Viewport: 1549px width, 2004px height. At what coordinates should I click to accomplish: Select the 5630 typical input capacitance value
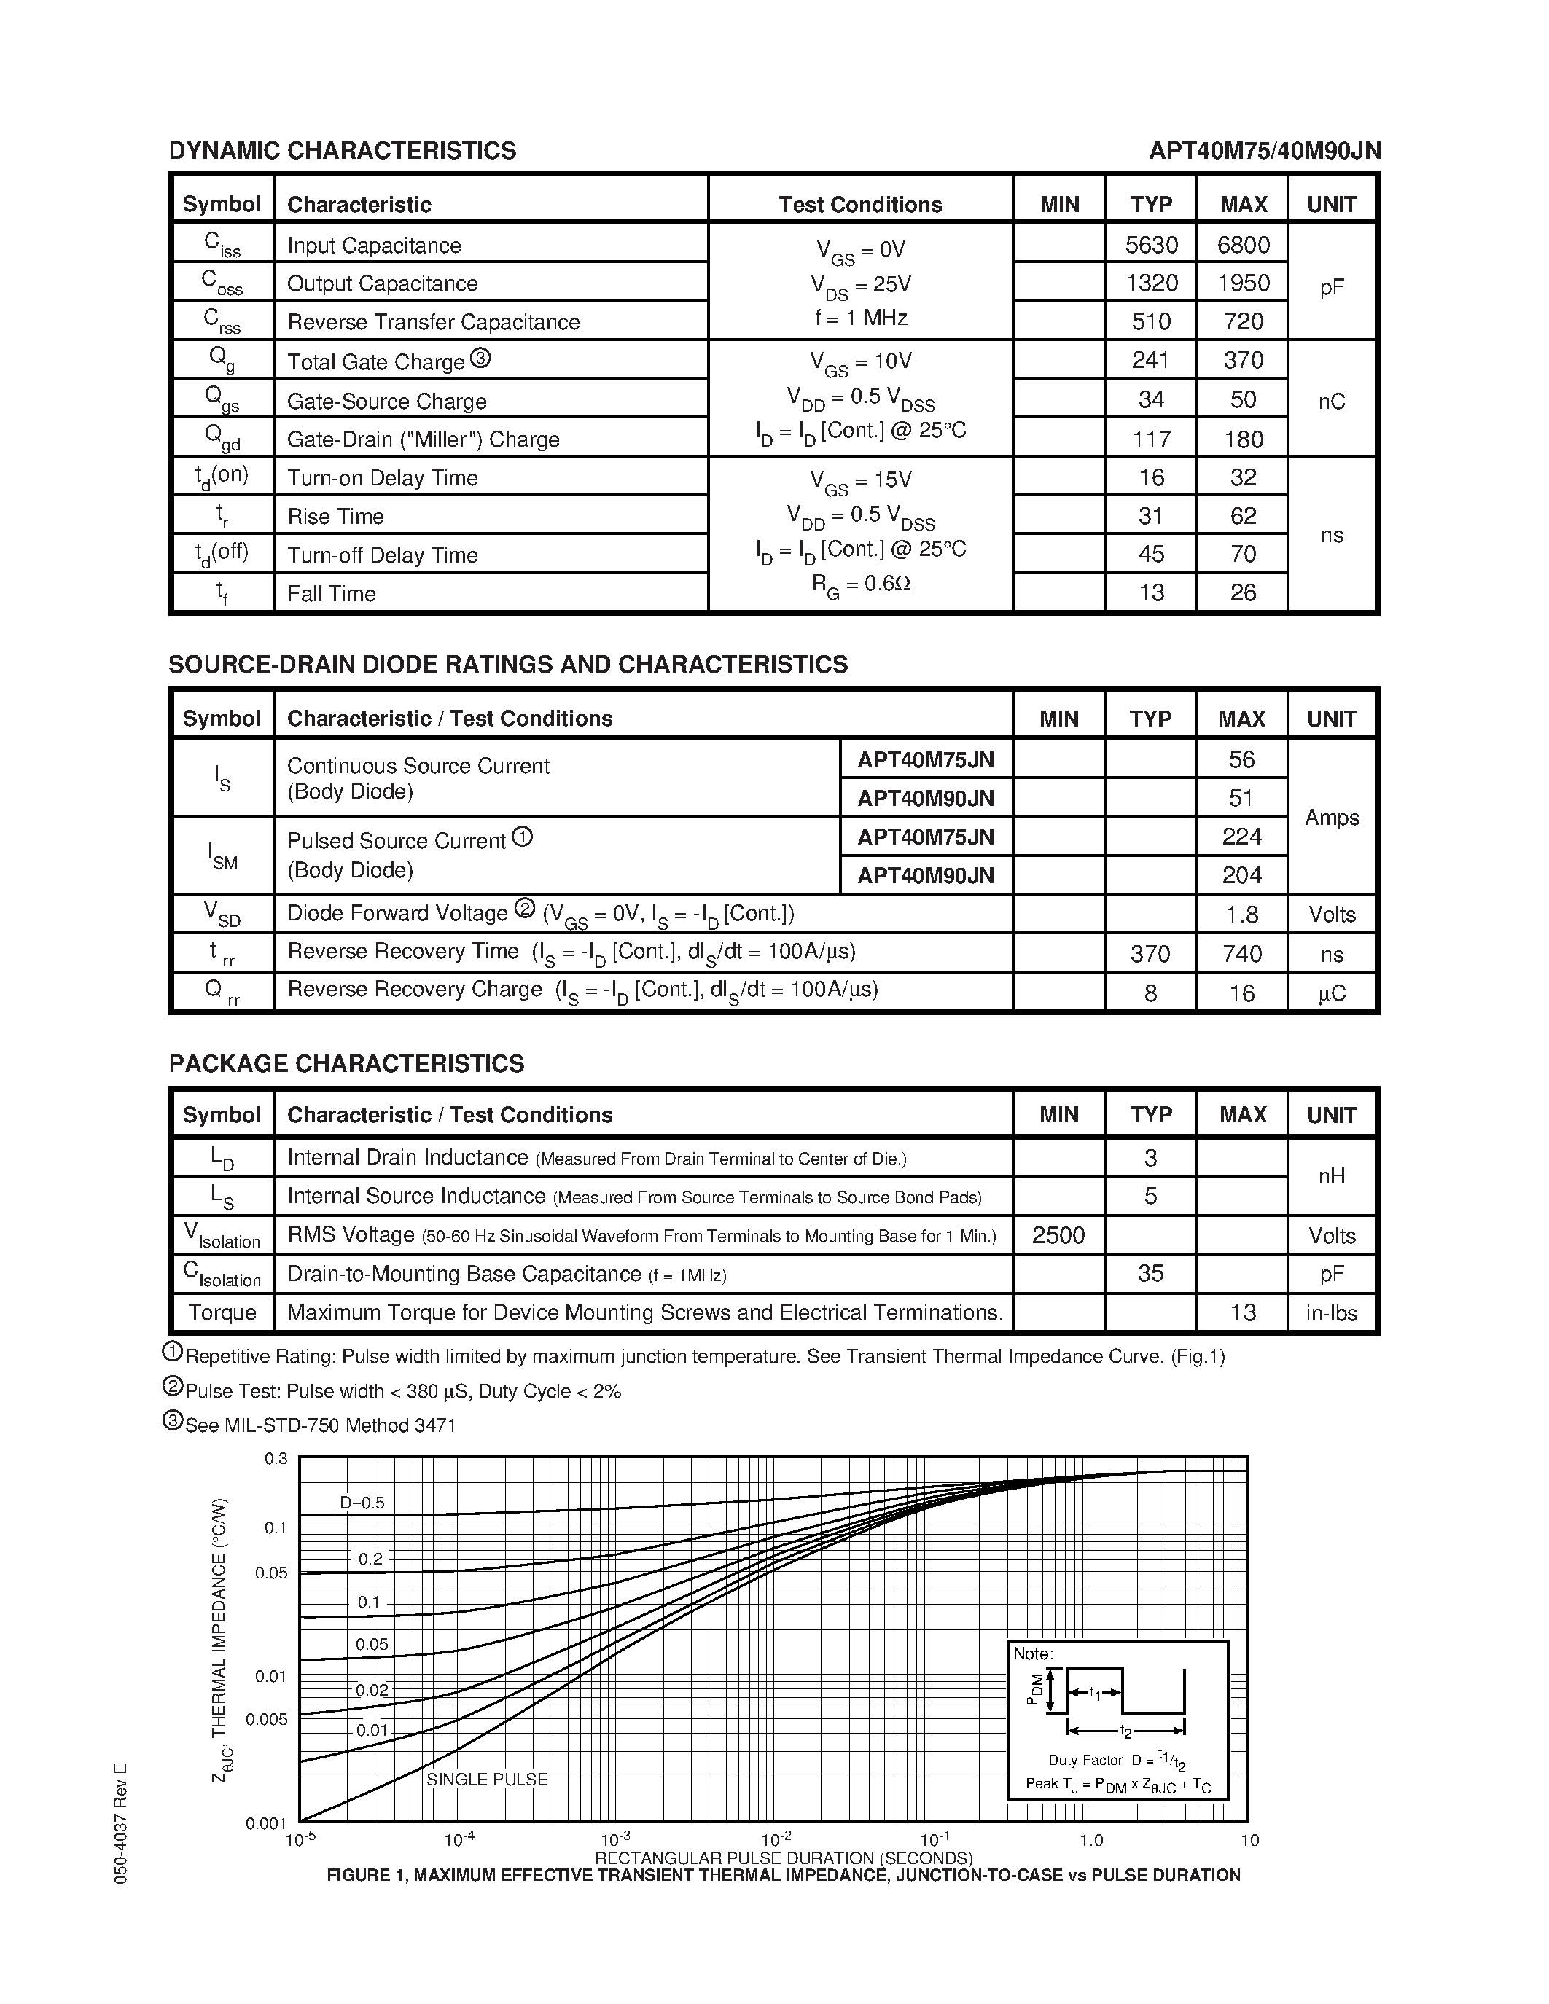pos(1151,245)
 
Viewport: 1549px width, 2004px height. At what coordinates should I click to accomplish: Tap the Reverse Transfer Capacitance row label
pos(433,322)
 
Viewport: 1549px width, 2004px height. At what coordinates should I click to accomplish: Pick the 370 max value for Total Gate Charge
pos(1243,361)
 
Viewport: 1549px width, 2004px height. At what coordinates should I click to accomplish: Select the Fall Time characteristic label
pos(331,594)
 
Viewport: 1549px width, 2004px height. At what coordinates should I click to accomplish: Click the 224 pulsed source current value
pos(1241,837)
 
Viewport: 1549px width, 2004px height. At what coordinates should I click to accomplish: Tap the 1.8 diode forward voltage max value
pos(1241,915)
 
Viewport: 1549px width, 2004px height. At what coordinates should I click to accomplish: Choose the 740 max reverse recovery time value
pos(1241,955)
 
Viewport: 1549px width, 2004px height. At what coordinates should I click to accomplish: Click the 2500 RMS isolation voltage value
pos(1058,1235)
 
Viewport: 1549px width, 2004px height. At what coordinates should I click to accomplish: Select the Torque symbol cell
pos(222,1313)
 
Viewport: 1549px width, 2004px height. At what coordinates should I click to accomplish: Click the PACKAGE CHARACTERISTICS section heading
pos(346,1063)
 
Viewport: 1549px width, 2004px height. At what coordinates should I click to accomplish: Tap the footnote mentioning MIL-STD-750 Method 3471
pos(319,1425)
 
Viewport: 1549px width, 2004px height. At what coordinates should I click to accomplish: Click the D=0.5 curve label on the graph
pos(362,1503)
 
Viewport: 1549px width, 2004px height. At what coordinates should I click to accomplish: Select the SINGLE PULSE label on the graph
pos(486,1780)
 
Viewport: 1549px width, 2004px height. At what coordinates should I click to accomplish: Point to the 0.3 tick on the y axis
pos(276,1459)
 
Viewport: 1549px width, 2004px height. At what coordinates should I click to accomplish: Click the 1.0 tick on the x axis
pos(1091,1840)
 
